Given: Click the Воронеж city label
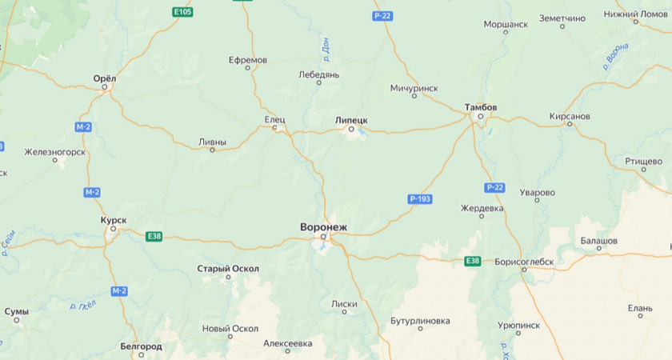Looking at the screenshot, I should coord(323,227).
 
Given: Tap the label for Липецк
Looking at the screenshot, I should coord(351,119).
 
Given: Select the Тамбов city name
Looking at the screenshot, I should coord(481,107).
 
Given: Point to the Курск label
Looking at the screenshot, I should coord(113,219).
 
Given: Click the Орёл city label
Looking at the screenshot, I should coord(105,78).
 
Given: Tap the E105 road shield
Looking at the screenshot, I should coord(182,12).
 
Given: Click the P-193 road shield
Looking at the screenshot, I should coord(420,198).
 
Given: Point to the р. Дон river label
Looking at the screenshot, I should coord(326,50).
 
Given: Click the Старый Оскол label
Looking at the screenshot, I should coord(228,269).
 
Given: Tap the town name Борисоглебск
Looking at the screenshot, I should coord(524,261).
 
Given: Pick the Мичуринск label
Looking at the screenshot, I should coord(414,87).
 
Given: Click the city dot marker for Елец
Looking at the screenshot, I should coord(275,127).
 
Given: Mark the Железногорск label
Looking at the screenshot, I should coord(54,151).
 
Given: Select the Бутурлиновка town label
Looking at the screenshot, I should coord(419,321).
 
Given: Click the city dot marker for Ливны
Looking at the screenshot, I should coord(212,150).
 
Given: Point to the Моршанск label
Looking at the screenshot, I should coord(504,24).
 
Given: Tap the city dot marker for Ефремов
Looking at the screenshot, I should coord(247,68).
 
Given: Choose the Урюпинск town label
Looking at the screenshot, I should coord(518,326).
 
